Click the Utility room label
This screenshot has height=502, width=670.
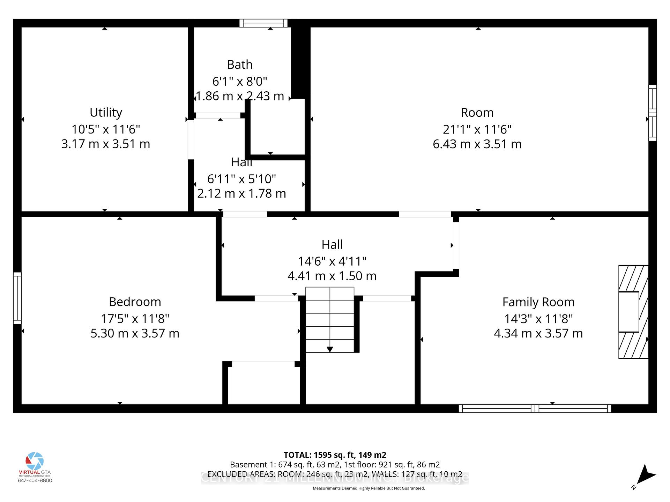coord(106,113)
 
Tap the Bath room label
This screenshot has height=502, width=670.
coord(239,65)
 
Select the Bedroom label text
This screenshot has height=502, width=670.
coord(135,302)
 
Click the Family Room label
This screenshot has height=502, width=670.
coord(538,302)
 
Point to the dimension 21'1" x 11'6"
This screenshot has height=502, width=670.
coord(477,129)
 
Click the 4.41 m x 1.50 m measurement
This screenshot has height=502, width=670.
coord(332,276)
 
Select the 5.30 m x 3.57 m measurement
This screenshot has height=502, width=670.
coord(135,333)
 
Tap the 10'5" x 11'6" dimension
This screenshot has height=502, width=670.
coord(106,129)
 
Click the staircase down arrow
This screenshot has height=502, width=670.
coord(329,349)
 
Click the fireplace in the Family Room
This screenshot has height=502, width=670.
coord(633,312)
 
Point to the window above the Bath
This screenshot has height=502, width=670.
coord(263,23)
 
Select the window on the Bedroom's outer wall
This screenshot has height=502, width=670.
coord(17,298)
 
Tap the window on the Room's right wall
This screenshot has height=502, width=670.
coord(652,113)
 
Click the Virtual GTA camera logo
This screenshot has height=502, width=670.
coord(35,461)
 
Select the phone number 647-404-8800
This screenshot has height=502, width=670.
coord(35,480)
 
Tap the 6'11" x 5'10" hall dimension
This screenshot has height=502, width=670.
coord(241,179)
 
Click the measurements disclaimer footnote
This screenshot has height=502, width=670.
coord(368,488)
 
